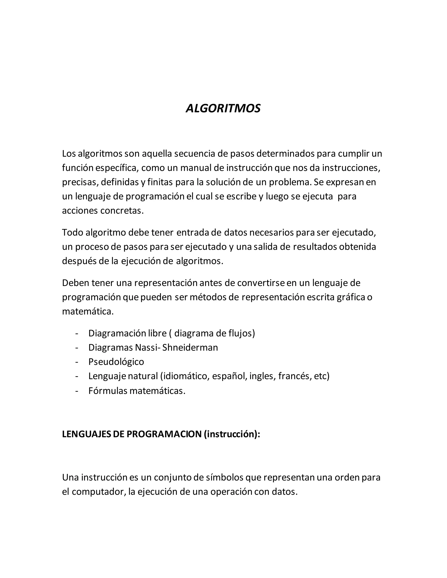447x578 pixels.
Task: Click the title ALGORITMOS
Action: (223, 108)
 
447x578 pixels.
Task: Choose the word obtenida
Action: (358, 247)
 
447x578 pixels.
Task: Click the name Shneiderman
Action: (190, 347)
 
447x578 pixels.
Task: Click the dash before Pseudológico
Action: (77, 362)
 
